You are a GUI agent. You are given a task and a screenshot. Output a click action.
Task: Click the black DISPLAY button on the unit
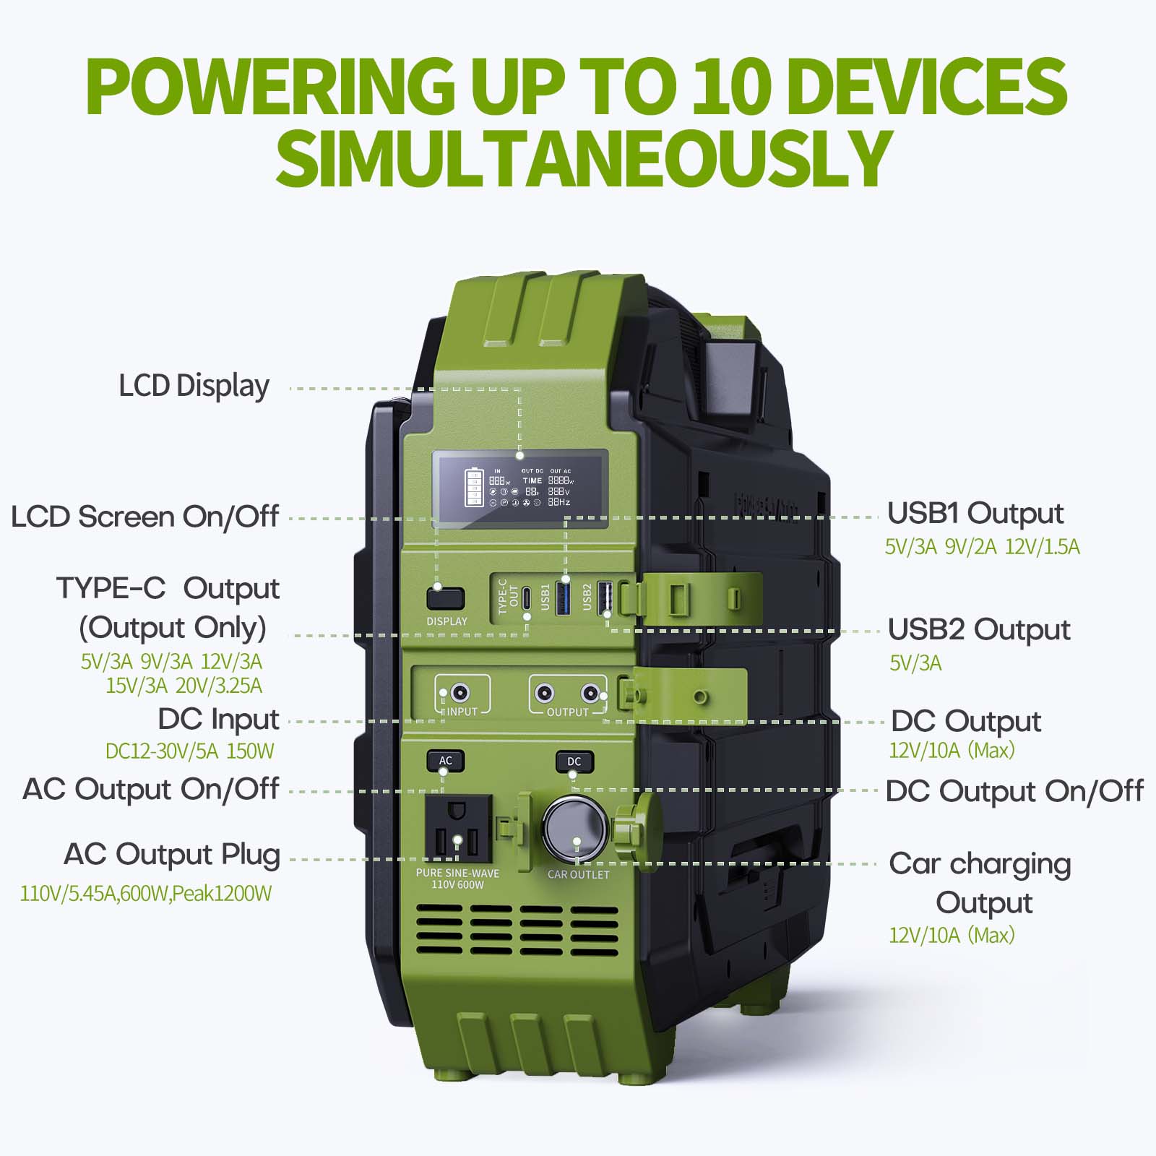(x=445, y=599)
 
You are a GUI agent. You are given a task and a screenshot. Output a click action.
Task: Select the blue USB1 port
(x=564, y=598)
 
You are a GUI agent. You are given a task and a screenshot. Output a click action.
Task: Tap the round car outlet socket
(x=577, y=830)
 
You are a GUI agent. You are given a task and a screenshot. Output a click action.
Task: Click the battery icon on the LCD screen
(x=474, y=488)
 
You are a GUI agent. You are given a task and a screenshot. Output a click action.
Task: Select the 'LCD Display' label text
(x=194, y=387)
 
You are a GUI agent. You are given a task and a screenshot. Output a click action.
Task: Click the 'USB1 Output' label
(x=975, y=514)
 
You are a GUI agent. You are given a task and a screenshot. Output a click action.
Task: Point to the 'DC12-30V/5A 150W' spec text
(x=190, y=751)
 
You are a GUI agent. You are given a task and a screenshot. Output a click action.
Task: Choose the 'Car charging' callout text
(x=980, y=864)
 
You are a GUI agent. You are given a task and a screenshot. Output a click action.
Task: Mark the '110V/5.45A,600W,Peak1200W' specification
(x=146, y=894)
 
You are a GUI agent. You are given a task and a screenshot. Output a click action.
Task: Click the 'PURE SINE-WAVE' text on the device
(x=458, y=873)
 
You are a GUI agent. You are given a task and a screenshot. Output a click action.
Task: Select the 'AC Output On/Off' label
(x=151, y=789)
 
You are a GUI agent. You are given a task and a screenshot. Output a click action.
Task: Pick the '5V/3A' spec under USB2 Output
(x=915, y=663)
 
